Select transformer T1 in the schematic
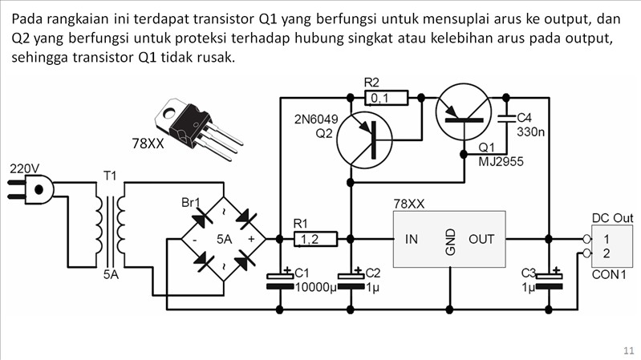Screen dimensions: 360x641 click(x=110, y=224)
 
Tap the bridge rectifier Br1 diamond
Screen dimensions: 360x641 click(x=222, y=239)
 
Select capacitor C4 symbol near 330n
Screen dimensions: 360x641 click(x=505, y=121)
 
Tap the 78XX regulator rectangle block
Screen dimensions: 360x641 click(x=448, y=239)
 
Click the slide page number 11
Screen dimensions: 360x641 click(x=627, y=350)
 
